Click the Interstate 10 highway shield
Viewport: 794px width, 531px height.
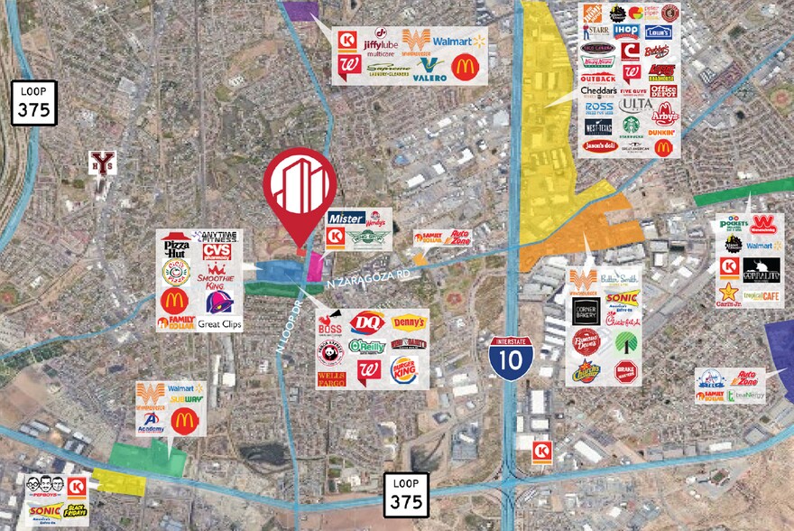pos(511,357)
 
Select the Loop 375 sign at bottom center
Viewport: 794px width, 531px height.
pos(405,495)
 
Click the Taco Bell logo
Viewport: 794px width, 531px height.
pos(217,301)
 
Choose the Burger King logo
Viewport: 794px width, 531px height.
pos(404,369)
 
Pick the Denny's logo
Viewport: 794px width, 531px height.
pos(409,323)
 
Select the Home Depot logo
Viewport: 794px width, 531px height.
pos(593,14)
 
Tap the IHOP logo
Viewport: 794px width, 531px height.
pos(626,31)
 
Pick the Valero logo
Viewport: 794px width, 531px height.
pos(429,69)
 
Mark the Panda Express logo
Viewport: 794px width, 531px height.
pos(330,349)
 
